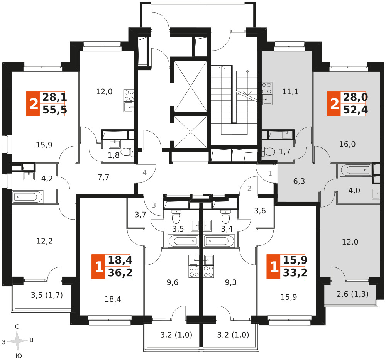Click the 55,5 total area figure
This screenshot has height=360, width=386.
pos(55,110)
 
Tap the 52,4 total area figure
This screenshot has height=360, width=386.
pos(356,110)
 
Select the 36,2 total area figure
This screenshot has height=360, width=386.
pos(120,273)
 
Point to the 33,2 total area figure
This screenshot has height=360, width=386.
pos(295,273)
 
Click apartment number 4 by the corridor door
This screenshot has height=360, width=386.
pos(144,172)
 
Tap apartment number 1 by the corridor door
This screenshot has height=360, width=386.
pos(270,173)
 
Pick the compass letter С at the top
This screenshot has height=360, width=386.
pos(17,326)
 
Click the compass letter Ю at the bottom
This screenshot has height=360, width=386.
pos(19,356)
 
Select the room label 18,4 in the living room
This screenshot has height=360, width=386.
pos(113,299)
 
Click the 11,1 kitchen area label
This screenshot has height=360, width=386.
pos(291,91)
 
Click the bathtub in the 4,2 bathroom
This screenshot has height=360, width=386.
pos(27,197)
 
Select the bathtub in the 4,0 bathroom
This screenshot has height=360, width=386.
pos(356,170)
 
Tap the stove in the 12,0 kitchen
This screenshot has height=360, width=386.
pos(129,95)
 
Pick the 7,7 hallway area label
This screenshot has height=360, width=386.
pos(103,177)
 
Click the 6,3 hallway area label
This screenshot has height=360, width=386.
pos(299,181)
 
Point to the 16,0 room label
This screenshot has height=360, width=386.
pos(347,144)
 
